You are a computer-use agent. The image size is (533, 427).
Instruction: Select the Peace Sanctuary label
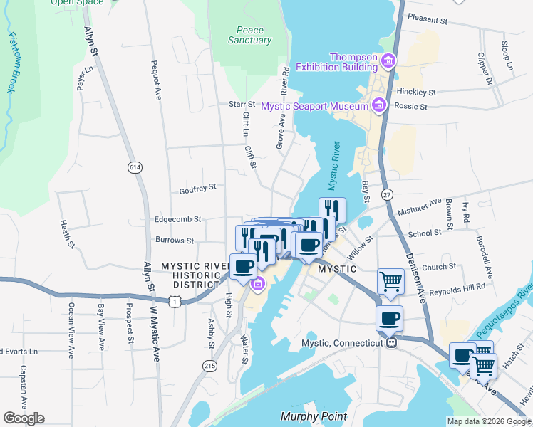[x=249, y=36]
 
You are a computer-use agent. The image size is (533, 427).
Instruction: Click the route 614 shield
[x=134, y=167]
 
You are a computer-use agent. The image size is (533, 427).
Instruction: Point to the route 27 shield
[x=387, y=194]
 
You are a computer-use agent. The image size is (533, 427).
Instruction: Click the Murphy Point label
[x=314, y=416]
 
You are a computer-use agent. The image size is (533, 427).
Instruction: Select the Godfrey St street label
[x=197, y=190]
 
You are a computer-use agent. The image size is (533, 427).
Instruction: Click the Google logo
[x=24, y=418]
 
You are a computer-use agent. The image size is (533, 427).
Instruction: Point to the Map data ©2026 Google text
[x=488, y=421]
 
